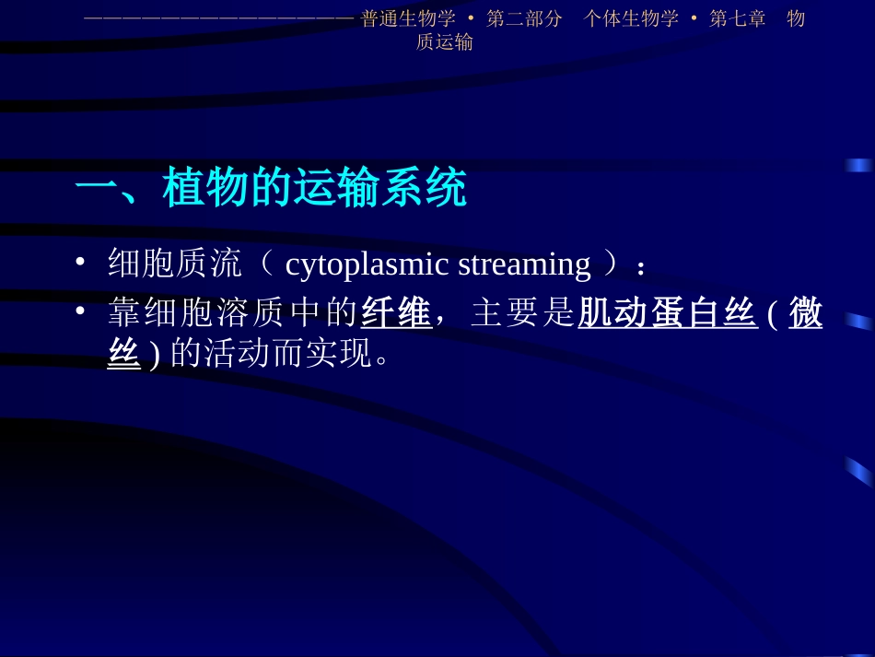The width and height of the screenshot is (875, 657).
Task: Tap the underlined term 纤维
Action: click(x=396, y=313)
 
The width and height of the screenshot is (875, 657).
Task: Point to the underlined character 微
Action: click(x=806, y=313)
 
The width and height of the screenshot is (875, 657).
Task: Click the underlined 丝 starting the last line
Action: click(x=124, y=353)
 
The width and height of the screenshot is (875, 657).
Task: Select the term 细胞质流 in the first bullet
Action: click(x=175, y=264)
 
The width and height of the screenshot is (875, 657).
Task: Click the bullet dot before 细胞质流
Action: click(x=81, y=264)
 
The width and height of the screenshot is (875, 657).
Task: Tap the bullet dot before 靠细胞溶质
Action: click(x=81, y=312)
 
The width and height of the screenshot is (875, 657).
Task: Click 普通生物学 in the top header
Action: click(x=408, y=19)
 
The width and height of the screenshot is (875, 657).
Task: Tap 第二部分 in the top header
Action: click(x=524, y=19)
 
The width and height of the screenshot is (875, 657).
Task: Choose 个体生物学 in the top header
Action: click(x=631, y=19)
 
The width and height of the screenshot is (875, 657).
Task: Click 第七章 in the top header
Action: click(x=738, y=19)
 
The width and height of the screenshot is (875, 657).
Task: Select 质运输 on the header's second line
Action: click(x=445, y=42)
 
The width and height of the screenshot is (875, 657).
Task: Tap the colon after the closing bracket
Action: click(x=641, y=267)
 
